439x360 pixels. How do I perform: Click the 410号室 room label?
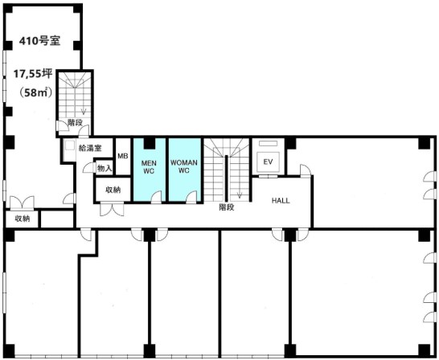point(39,41)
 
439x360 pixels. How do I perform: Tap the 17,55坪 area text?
point(33,74)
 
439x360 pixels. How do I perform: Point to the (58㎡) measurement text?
point(35,92)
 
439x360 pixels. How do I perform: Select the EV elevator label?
point(268,162)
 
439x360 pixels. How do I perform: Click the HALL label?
point(281,201)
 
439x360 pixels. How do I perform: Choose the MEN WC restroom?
point(149,170)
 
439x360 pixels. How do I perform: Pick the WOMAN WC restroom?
point(184,170)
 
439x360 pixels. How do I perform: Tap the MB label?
point(123,156)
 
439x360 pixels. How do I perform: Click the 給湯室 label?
point(89,148)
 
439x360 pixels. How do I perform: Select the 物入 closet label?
point(105,168)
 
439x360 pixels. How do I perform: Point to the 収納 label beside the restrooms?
point(113,190)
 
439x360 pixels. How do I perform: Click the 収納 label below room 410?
point(23,219)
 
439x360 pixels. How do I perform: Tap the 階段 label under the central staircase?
point(226,207)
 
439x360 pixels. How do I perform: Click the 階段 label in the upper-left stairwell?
point(75,122)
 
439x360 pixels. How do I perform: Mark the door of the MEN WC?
point(156,196)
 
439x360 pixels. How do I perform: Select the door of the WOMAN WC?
point(191,196)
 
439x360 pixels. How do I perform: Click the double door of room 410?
point(23,202)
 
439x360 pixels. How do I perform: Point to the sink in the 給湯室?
point(69,145)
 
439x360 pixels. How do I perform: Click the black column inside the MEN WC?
point(150,143)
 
